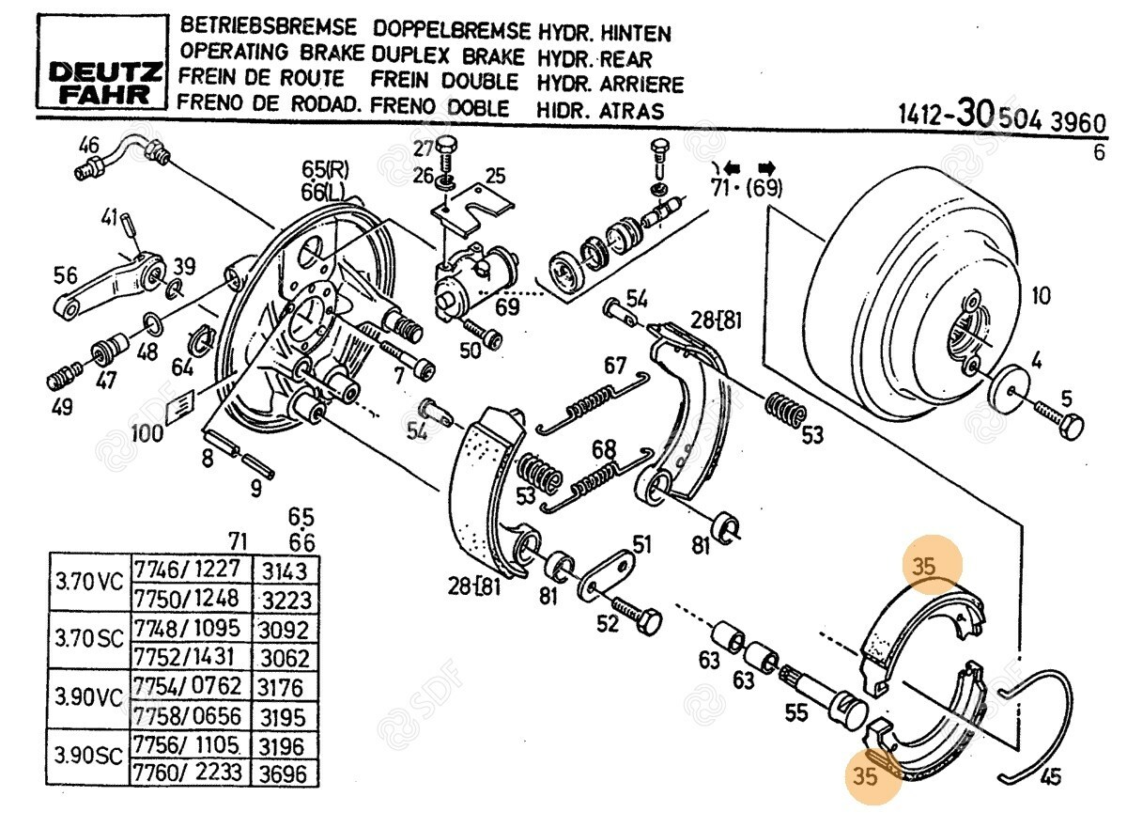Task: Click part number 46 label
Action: (x=88, y=146)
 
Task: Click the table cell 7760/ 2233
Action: (x=188, y=773)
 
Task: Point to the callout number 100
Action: (x=147, y=434)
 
